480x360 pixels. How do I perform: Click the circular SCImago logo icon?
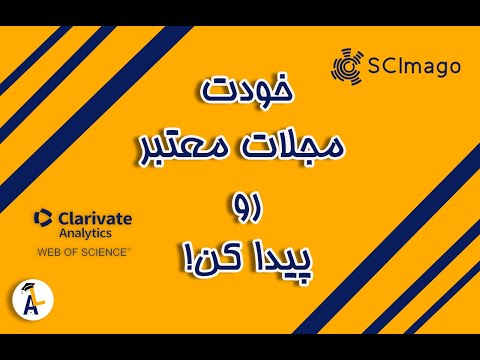[347, 66]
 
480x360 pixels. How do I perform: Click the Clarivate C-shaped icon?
[42, 219]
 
